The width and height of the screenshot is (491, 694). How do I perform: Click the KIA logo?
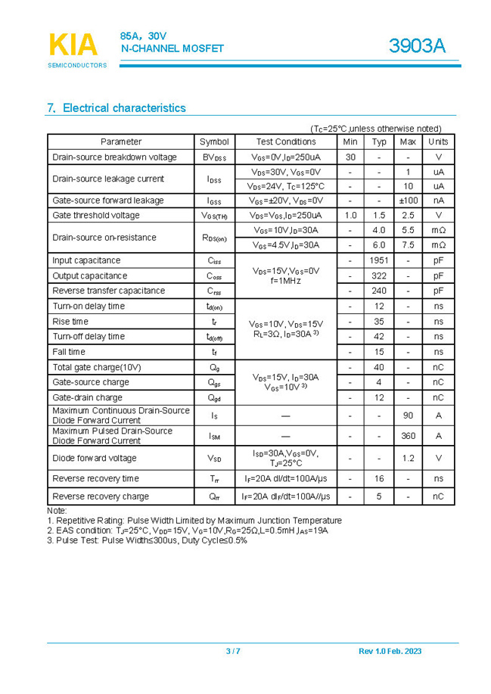(x=73, y=45)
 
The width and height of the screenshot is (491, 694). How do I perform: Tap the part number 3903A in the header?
(x=417, y=46)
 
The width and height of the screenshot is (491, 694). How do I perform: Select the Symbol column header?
(x=214, y=142)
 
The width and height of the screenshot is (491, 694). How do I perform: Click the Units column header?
(x=438, y=142)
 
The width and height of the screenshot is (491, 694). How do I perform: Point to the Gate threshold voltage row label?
(x=96, y=215)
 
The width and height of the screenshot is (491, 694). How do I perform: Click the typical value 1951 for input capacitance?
(x=379, y=260)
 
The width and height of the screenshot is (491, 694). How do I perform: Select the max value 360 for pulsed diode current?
(x=408, y=436)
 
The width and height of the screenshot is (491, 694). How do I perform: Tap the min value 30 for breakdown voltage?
(x=350, y=157)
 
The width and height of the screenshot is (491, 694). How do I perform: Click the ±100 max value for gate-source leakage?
(x=408, y=201)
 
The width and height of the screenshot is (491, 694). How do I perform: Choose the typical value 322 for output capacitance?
(x=379, y=275)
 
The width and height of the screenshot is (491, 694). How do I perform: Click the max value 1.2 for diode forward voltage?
(x=408, y=458)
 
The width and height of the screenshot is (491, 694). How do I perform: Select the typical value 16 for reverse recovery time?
(x=379, y=478)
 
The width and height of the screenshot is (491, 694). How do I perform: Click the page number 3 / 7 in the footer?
(x=233, y=652)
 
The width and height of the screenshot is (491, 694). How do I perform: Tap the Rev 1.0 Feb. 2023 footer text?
(x=390, y=652)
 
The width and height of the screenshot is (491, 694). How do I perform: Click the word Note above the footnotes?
(x=57, y=511)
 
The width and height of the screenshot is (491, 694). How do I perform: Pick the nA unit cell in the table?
(x=438, y=201)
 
